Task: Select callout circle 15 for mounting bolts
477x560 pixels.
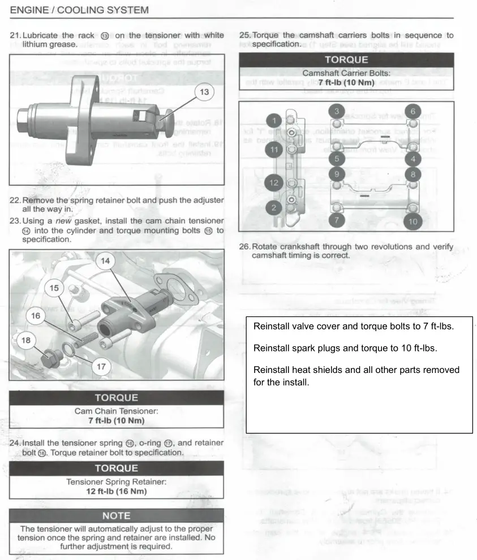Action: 55,289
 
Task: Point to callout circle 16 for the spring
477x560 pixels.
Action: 35,316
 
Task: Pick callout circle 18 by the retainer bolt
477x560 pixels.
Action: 25,341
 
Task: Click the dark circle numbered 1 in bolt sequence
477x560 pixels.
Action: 274,120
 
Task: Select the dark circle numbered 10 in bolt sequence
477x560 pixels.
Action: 412,220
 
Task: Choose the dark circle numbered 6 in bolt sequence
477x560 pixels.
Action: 412,111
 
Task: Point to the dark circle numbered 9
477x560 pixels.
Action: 336,174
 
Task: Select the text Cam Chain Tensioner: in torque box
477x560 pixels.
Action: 115,411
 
